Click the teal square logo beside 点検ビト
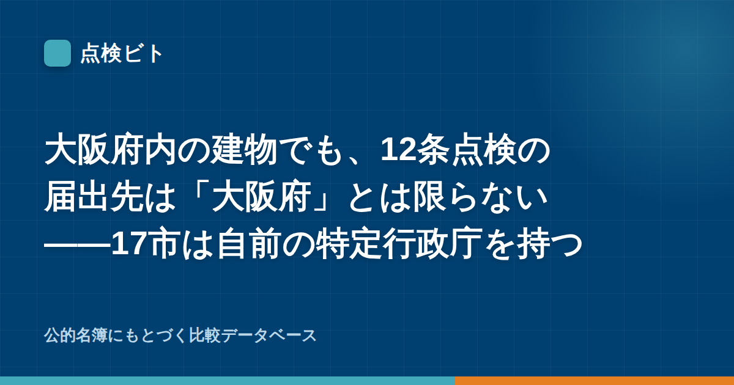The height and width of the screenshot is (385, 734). (57, 53)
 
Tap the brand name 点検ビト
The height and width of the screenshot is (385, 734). (122, 53)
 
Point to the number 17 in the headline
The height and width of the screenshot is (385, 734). (128, 244)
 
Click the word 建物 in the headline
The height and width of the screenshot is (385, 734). (244, 150)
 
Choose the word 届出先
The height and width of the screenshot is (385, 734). (94, 197)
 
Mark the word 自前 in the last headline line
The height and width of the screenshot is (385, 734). (249, 244)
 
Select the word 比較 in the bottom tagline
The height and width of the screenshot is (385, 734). (204, 336)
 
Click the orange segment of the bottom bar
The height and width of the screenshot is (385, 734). (595, 381)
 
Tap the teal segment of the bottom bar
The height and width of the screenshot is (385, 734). (228, 381)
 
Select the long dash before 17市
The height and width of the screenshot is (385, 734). (78, 244)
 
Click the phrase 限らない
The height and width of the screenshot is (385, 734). (480, 197)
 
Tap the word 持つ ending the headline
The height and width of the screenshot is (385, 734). (550, 244)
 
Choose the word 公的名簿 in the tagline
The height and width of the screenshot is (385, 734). (76, 336)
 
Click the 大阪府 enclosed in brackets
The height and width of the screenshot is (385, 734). (261, 197)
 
